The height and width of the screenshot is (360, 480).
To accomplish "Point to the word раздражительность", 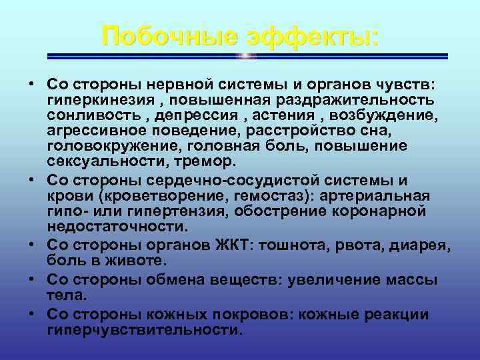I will pos(353,99).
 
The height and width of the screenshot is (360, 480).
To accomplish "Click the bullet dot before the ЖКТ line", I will pos(32,243).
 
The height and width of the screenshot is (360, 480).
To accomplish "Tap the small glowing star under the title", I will pos(246,56).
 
